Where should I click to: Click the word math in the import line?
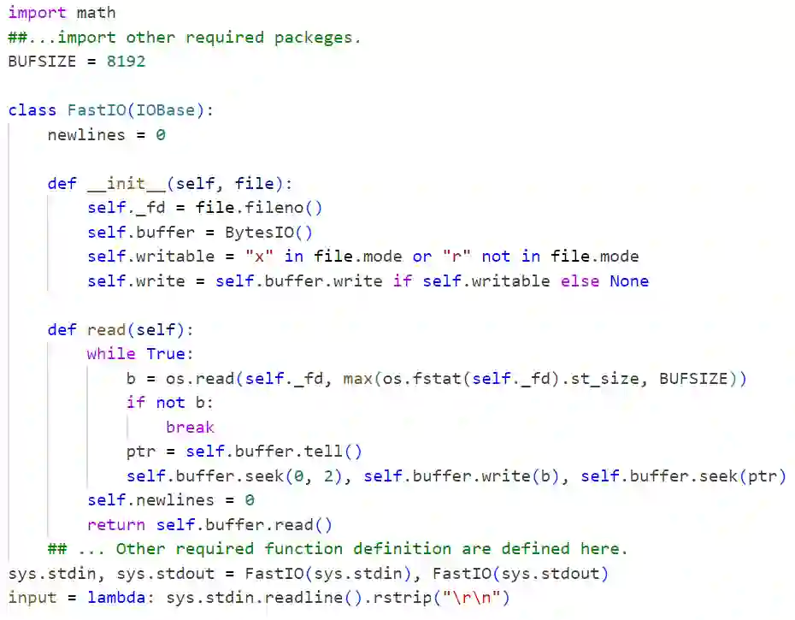[x=96, y=13]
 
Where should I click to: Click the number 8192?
[x=126, y=62]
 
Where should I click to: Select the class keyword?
[x=32, y=110]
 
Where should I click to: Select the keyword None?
[x=629, y=281]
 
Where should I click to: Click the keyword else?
[x=580, y=281]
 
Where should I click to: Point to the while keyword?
[x=111, y=354]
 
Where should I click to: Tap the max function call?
[x=358, y=379]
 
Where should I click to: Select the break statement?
[x=190, y=428]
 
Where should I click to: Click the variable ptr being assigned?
[x=141, y=452]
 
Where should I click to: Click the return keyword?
[x=116, y=525]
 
